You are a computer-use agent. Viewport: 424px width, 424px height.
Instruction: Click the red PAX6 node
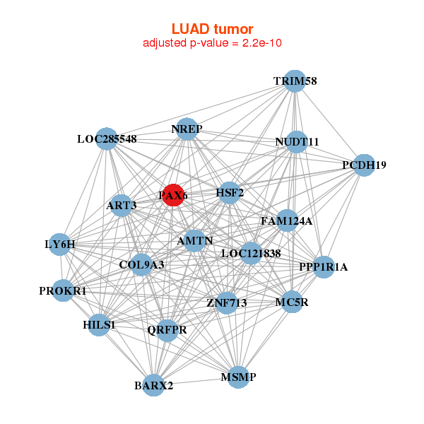coord(173,194)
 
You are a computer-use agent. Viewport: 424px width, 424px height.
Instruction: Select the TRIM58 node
coord(295,81)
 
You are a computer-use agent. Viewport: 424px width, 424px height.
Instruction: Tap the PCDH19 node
coord(363,165)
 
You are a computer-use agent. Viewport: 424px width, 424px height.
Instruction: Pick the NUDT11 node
coord(297,142)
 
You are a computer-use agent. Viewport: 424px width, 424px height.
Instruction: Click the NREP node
coord(187,129)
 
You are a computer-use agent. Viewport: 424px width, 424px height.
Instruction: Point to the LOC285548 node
coord(107,139)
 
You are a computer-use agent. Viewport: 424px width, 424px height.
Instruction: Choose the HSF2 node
coord(229,192)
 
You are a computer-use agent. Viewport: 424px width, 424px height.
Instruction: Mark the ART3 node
coord(122,206)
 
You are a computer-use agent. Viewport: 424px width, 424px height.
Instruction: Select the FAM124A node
coord(286,220)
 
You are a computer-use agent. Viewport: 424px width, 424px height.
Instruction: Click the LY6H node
coord(60,245)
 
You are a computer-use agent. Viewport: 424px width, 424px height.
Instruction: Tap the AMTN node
coord(195,240)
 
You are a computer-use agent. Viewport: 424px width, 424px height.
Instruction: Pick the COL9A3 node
coord(141,265)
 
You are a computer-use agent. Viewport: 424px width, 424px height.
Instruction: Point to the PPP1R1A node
coord(324,267)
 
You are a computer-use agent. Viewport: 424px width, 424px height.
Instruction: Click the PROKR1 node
coord(63,290)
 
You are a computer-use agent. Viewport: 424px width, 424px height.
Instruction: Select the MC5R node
coord(292,302)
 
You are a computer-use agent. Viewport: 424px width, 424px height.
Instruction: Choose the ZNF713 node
coord(226,303)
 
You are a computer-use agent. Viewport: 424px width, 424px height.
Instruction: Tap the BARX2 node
coord(153,385)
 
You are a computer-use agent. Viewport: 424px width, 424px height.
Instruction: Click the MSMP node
coord(239,377)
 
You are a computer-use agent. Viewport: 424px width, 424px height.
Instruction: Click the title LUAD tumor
coord(212,29)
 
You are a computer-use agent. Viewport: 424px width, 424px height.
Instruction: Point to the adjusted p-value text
coord(212,43)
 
